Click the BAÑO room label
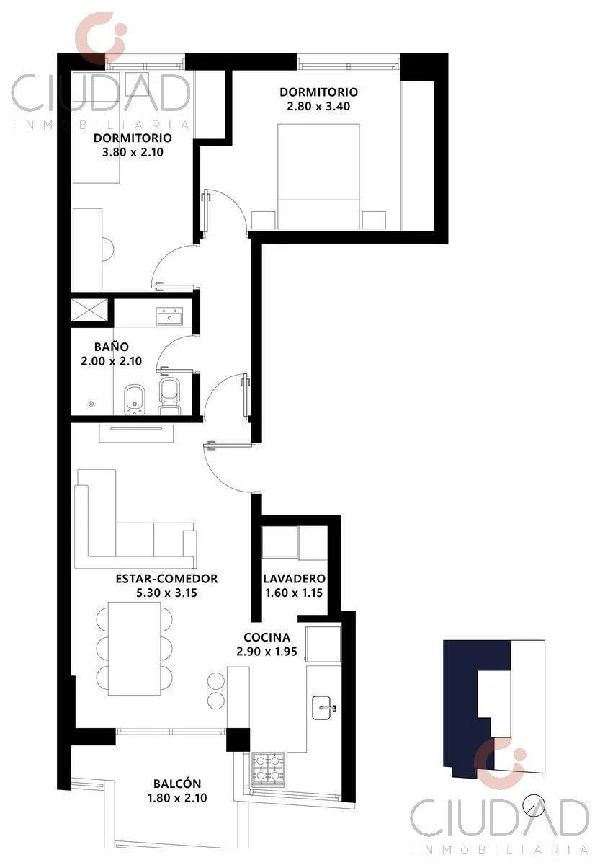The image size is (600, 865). (112, 347)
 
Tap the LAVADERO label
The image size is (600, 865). (295, 578)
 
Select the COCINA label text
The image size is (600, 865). (267, 637)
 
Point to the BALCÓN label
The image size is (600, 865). (177, 784)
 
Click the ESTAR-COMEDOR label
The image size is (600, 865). (166, 578)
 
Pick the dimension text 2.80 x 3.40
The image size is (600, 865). (318, 106)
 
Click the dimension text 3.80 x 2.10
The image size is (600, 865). (133, 152)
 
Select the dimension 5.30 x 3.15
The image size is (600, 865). (166, 593)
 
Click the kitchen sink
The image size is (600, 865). (321, 708)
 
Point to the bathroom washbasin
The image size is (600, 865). (169, 316)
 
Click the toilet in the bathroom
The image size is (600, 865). (169, 396)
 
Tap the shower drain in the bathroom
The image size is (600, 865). (91, 404)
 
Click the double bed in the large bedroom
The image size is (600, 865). (318, 176)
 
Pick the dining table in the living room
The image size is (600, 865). (134, 648)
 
